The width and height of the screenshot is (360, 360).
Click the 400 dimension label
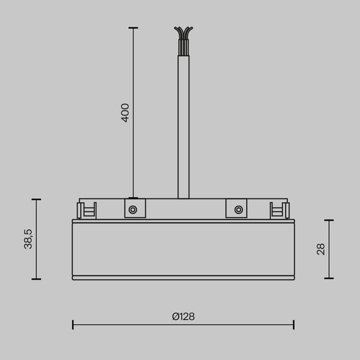coord(125,112)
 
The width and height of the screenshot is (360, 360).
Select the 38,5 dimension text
coord(28,239)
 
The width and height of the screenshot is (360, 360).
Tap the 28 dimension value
coord(320,249)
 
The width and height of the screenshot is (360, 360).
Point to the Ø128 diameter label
coord(183,317)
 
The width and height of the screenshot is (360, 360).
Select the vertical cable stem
coord(183,126)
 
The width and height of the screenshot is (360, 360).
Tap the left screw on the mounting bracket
coord(133,209)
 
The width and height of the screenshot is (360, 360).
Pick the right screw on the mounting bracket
coord(237,209)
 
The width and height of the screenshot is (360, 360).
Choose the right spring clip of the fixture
coord(279,211)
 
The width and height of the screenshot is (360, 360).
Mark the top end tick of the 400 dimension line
coord(133,28)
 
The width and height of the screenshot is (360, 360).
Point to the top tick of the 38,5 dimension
coord(36,200)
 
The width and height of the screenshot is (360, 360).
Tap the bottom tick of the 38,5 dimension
coord(36,279)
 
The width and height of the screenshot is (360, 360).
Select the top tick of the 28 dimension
coord(329,220)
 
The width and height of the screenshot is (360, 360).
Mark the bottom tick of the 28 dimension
coord(329,279)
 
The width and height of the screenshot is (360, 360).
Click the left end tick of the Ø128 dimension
coord(73,325)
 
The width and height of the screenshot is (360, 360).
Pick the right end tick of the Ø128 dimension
coord(293,325)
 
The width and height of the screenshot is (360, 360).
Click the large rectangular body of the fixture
coord(183,249)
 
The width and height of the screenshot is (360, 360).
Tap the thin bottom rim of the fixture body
coord(183,277)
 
